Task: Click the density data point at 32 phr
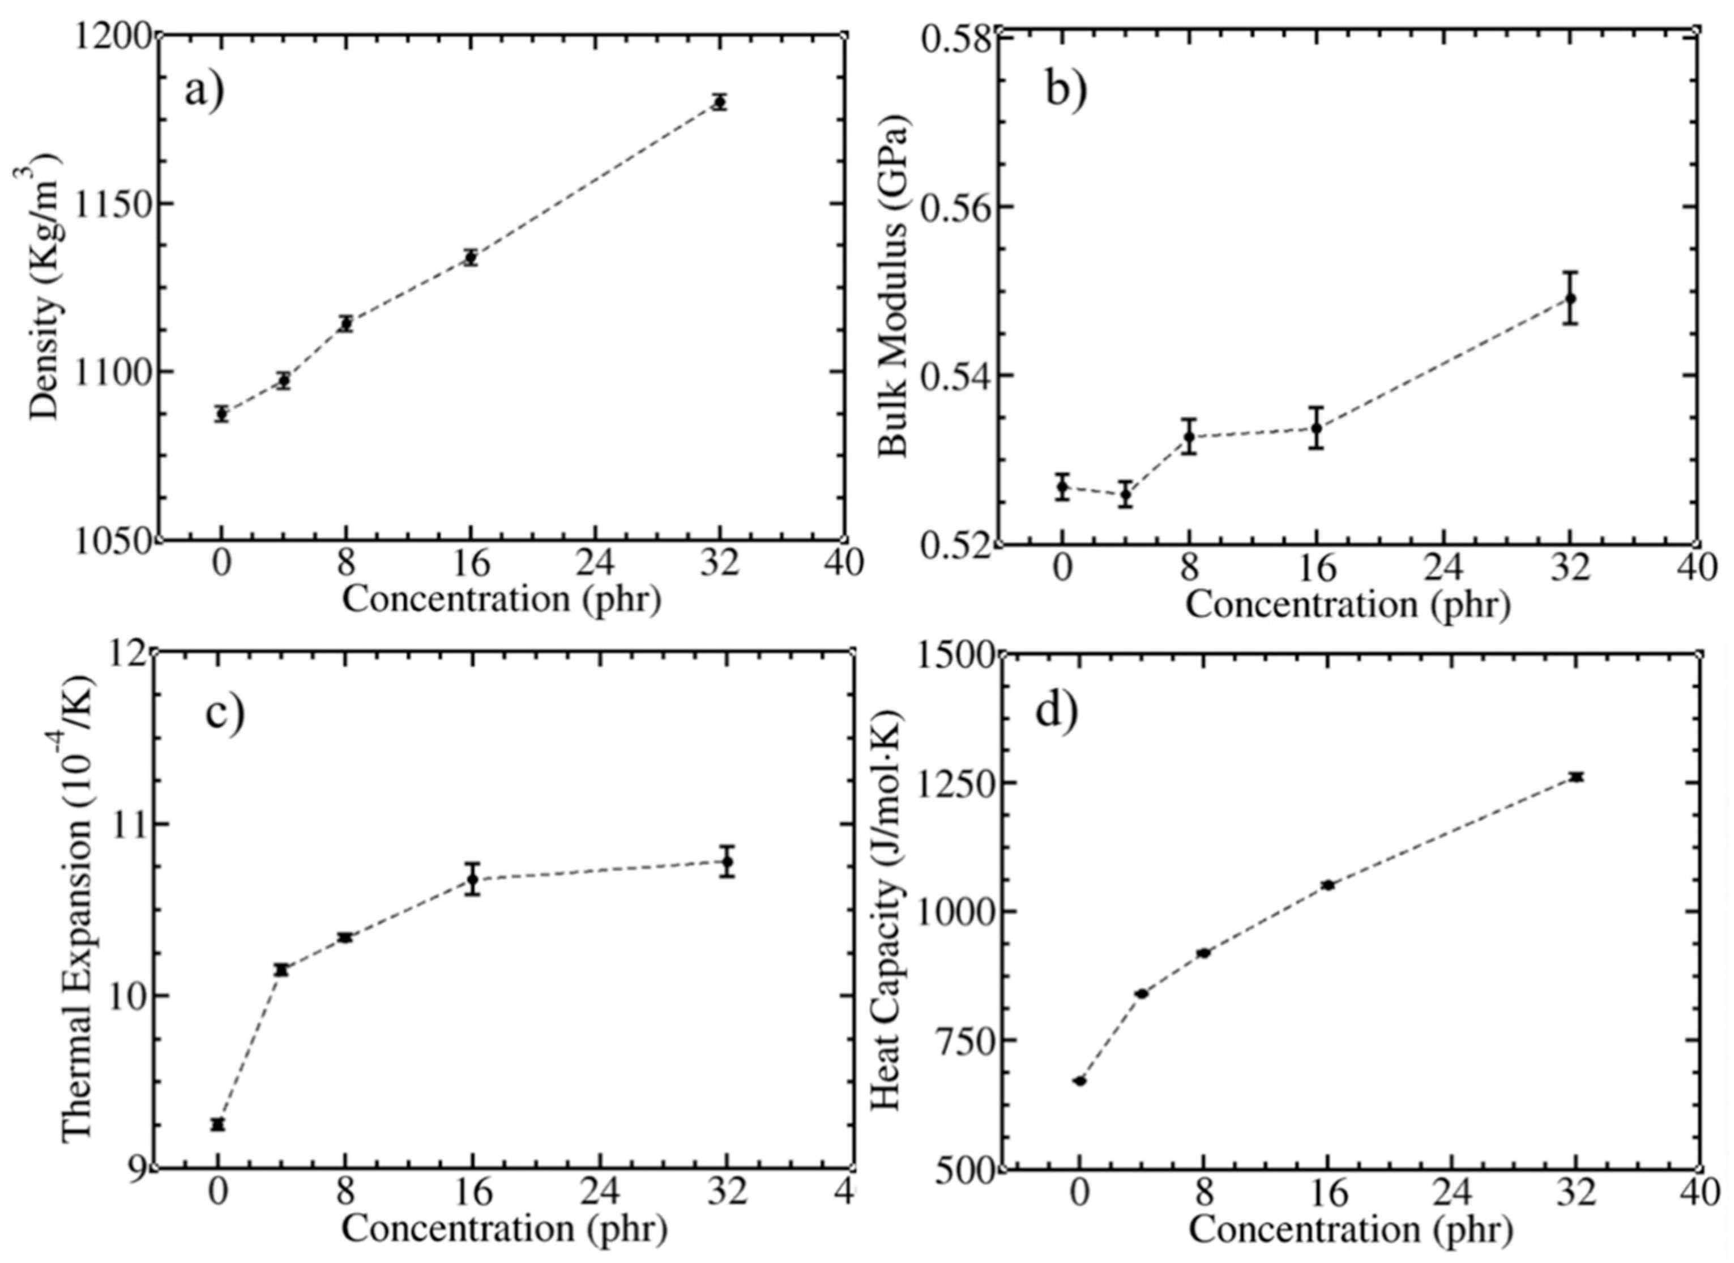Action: [x=719, y=102]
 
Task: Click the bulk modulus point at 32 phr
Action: [x=1570, y=298]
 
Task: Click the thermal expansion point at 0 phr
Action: [x=218, y=1124]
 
